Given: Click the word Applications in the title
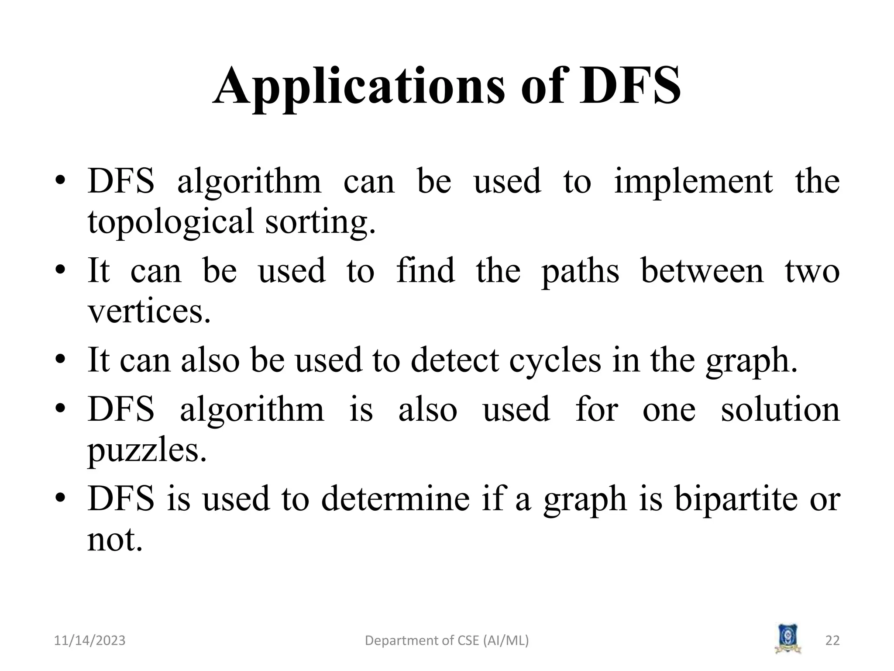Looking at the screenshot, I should click(x=359, y=86).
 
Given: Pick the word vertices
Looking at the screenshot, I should click(x=149, y=311).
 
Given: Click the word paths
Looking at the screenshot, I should click(x=580, y=271).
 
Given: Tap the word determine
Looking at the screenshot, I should click(x=395, y=499).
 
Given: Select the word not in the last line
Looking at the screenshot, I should click(x=115, y=540).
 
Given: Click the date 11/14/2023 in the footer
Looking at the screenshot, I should click(x=89, y=641).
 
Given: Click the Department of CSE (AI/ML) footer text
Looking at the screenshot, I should click(x=447, y=641).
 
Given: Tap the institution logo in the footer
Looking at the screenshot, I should click(x=788, y=639).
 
